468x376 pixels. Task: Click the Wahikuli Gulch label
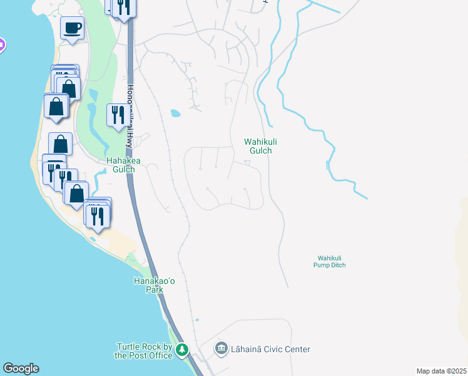point(260,147)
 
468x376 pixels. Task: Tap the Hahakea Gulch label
point(120,165)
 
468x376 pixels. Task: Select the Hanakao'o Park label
point(148,286)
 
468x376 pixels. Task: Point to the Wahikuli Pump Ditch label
point(330,261)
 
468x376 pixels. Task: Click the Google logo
point(21,368)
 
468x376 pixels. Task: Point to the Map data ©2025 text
point(441,371)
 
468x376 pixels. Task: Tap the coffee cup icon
point(72,28)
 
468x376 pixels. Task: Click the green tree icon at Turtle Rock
point(182,349)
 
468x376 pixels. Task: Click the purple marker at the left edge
point(1,44)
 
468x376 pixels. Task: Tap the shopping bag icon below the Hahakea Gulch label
point(76,192)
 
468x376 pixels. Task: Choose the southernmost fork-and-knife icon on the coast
point(98,216)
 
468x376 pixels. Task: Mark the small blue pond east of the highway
point(175,114)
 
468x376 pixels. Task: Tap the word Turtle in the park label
point(129,347)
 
